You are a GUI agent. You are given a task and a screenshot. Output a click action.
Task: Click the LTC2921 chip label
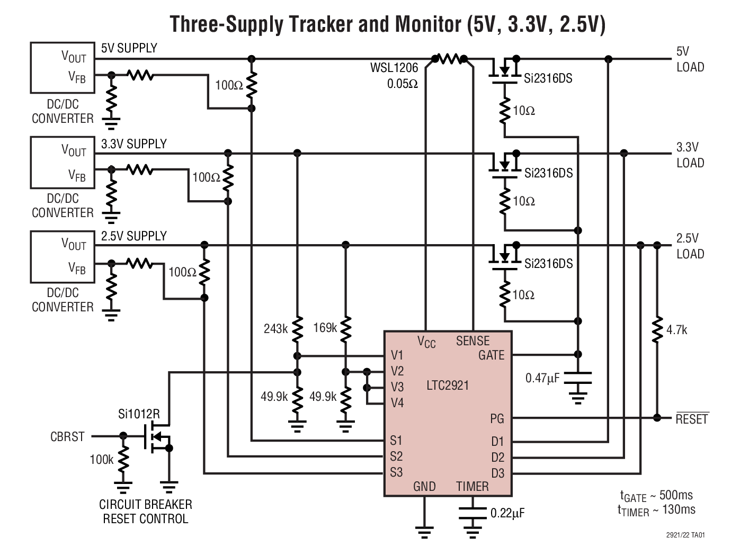[448, 385]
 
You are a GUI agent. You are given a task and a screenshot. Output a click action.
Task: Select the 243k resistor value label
[275, 329]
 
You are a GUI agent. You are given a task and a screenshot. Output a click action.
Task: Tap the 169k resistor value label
[325, 328]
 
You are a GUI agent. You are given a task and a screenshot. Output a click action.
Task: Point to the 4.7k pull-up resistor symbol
[657, 330]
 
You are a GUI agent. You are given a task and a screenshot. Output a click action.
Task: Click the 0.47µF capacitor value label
[542, 378]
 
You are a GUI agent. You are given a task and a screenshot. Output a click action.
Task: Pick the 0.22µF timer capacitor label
[507, 513]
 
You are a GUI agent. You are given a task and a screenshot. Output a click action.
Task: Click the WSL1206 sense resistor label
[394, 67]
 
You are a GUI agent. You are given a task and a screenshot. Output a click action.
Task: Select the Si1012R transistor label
[138, 413]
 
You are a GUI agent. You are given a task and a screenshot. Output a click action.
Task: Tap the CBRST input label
[67, 437]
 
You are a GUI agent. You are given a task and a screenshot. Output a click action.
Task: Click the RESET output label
[692, 419]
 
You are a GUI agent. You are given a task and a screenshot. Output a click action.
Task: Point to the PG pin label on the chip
[497, 419]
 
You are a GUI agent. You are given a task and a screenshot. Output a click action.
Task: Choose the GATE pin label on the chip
[491, 355]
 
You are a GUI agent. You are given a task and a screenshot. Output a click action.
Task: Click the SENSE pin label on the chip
[472, 341]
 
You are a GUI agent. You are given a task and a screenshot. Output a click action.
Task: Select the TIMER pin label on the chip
[472, 486]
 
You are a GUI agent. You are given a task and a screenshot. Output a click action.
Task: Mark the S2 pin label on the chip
[396, 456]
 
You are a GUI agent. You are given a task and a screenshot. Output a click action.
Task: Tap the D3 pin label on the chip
[497, 473]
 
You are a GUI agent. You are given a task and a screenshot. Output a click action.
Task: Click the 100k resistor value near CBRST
[101, 460]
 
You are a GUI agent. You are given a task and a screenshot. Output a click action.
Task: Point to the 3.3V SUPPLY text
[133, 144]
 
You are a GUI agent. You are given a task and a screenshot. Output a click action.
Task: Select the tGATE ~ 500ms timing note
[656, 496]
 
